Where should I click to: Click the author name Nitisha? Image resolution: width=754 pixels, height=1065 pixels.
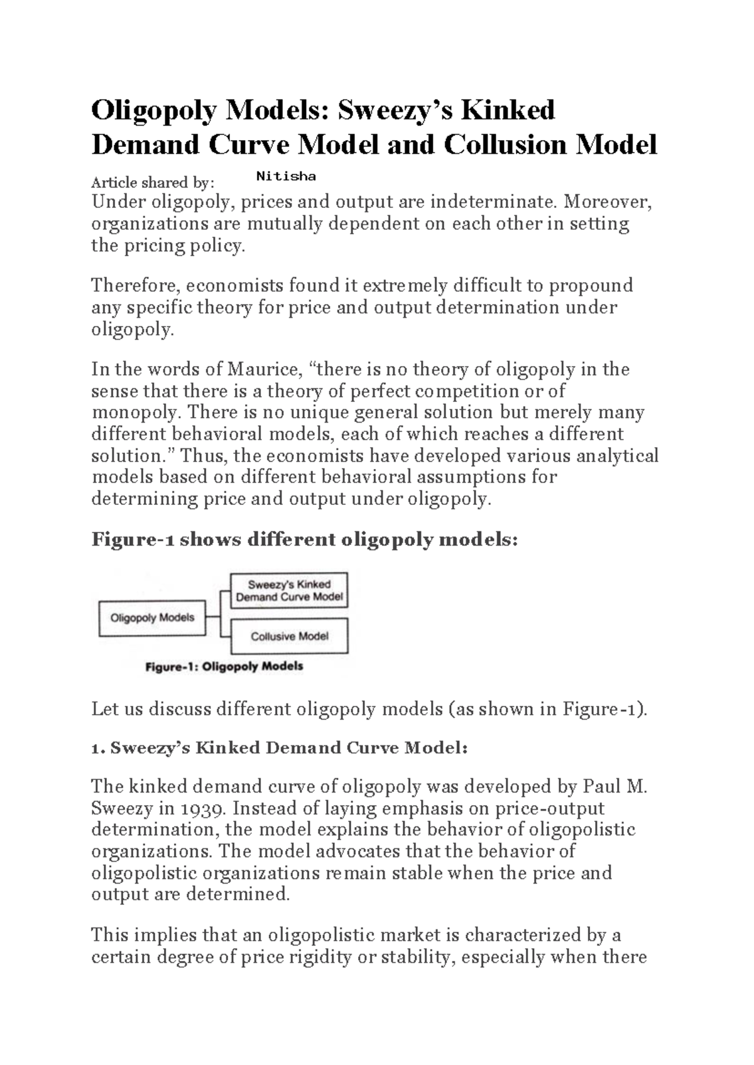pyautogui.click(x=286, y=176)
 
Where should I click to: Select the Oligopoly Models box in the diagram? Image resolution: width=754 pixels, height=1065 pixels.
pyautogui.click(x=153, y=618)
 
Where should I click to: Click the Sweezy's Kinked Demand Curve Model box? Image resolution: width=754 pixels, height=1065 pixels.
pyautogui.click(x=289, y=591)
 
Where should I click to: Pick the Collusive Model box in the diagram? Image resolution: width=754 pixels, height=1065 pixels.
pyautogui.click(x=289, y=637)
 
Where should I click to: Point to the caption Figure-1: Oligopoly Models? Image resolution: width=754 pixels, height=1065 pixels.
pyautogui.click(x=224, y=666)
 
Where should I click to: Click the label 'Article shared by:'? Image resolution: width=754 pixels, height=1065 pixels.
pyautogui.click(x=153, y=183)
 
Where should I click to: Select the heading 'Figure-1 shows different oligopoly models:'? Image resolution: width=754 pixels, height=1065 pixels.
pyautogui.click(x=305, y=539)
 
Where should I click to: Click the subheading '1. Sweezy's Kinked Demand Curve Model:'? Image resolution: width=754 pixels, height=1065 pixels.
pyautogui.click(x=280, y=748)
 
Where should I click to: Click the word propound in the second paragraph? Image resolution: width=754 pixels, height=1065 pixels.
pyautogui.click(x=591, y=286)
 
